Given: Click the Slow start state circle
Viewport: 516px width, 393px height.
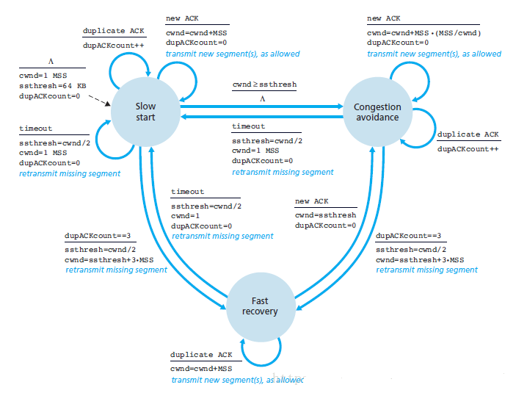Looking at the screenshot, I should click(146, 111).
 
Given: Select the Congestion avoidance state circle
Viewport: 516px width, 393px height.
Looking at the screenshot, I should click(377, 112).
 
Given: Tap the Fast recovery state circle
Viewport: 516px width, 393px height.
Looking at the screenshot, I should click(260, 306).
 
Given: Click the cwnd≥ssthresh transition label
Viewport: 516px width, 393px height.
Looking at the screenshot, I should click(264, 84).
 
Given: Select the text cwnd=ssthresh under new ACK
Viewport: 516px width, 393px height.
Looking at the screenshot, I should click(325, 214).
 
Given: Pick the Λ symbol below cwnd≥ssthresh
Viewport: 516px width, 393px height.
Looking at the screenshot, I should click(262, 97).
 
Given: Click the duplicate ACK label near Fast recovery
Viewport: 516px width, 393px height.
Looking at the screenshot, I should click(201, 354).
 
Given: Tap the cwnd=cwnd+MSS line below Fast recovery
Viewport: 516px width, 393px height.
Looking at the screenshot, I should click(200, 367).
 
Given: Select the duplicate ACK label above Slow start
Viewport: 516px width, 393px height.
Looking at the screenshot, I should click(115, 32).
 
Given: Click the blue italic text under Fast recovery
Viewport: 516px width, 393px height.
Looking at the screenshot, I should click(237, 380).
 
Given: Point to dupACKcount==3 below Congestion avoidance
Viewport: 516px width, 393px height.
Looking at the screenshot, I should click(407, 236).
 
